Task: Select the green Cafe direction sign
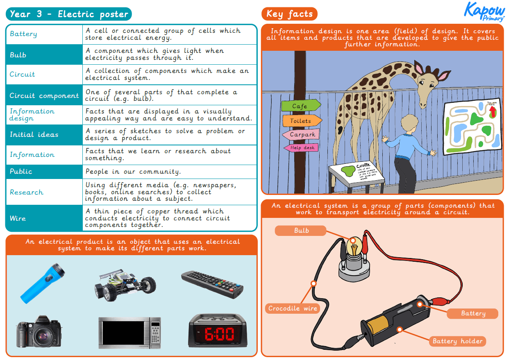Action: [x=300, y=106]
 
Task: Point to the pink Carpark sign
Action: [x=301, y=134]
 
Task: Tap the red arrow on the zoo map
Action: [x=493, y=111]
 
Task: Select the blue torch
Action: [x=43, y=282]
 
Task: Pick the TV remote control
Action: [x=212, y=283]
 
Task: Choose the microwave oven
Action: [x=129, y=333]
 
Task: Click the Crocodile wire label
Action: [x=293, y=308]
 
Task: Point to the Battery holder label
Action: [x=457, y=341]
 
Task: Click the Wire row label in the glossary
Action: [x=18, y=218]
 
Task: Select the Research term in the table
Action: [x=27, y=192]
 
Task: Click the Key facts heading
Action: [x=289, y=14]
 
